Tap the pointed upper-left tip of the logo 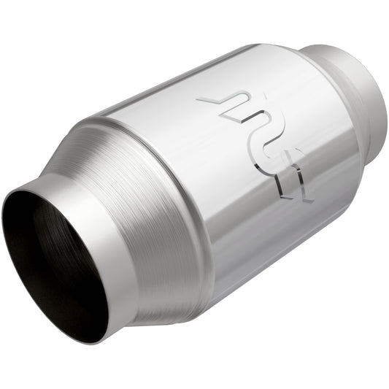[199, 99]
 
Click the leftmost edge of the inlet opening [4, 219]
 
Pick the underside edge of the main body [277, 285]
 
